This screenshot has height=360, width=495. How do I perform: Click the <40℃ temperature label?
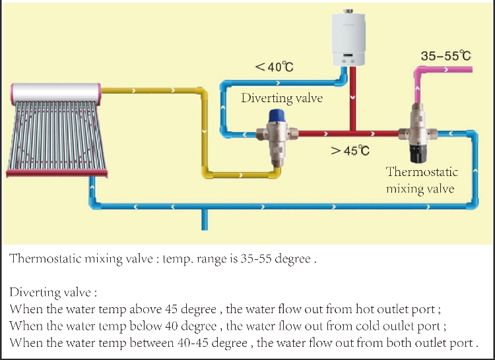click(274, 67)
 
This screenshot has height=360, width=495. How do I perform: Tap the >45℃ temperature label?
click(350, 150)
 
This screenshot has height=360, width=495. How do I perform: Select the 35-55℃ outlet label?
click(445, 55)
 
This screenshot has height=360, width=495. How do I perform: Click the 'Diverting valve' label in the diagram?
click(282, 98)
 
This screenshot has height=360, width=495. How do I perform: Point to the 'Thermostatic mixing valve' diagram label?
click(422, 180)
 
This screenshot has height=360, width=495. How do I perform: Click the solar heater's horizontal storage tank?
click(55, 93)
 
